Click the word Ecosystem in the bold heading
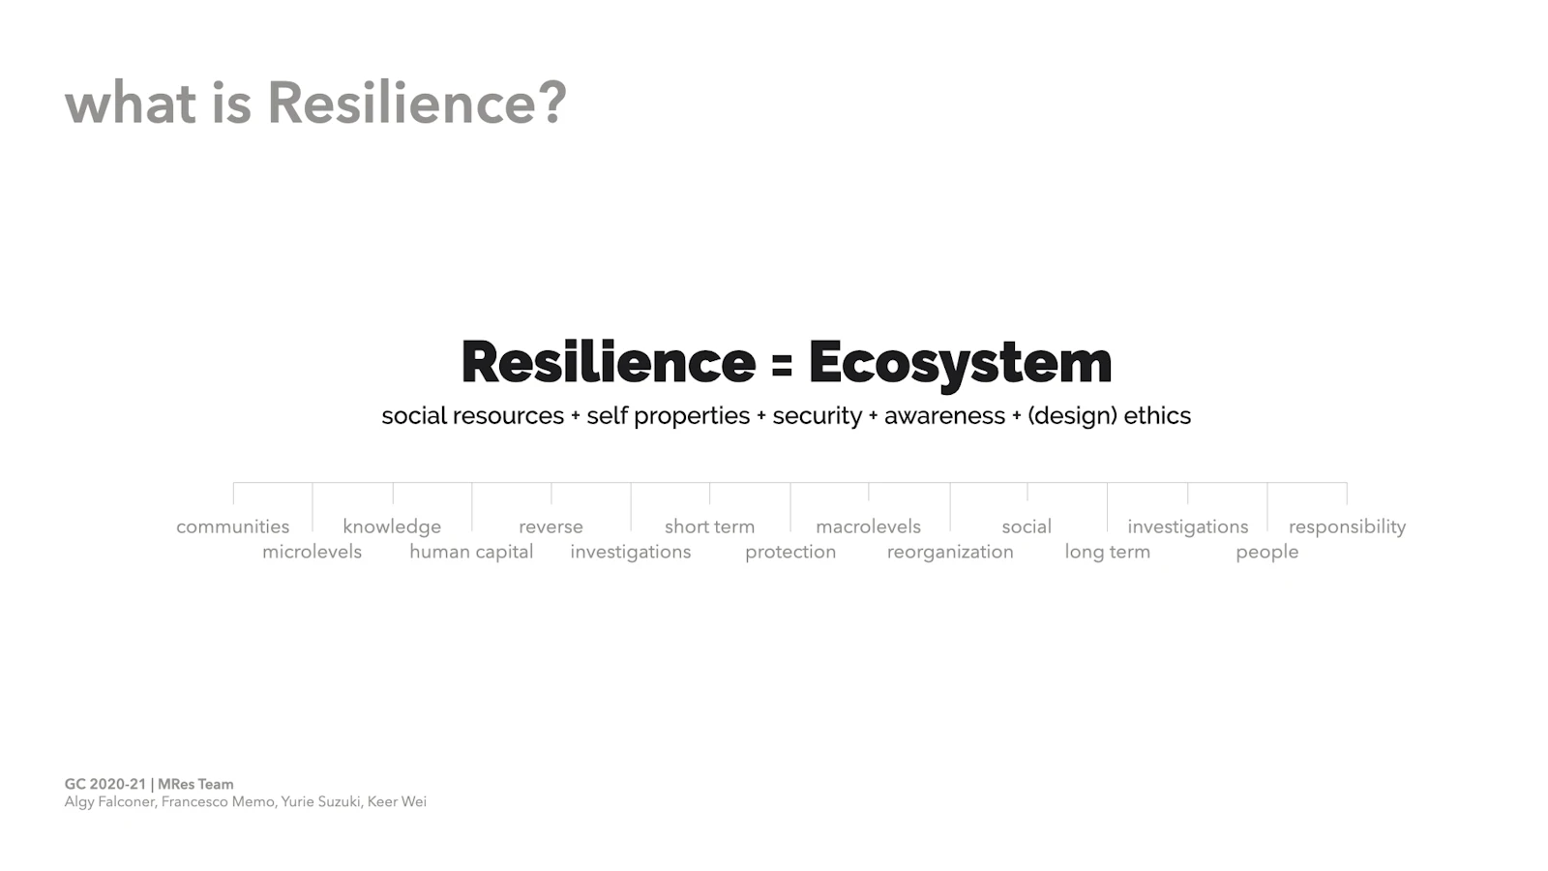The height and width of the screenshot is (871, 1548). [960, 363]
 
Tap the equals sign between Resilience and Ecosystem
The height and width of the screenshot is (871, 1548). [782, 364]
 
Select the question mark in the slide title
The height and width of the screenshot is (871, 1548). [553, 103]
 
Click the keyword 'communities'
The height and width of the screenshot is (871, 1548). [233, 526]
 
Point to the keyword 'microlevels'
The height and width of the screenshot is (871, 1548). [312, 552]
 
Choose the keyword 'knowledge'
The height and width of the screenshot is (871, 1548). [392, 526]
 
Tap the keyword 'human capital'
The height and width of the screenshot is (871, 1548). [471, 552]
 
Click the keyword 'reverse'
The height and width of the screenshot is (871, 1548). [551, 526]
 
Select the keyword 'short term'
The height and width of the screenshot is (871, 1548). [710, 526]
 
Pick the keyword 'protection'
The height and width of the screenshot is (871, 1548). [790, 552]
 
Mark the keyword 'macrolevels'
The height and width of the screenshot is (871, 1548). [869, 526]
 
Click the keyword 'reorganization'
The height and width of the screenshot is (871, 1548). [950, 552]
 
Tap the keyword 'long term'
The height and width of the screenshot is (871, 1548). [1107, 552]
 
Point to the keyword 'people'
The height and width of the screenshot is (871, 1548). [1267, 552]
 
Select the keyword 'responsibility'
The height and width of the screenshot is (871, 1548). [1348, 526]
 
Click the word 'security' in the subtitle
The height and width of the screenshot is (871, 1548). [818, 416]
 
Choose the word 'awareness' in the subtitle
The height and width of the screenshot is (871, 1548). [944, 416]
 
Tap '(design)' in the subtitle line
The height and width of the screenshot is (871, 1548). [1073, 416]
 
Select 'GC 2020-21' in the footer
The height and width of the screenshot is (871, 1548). [105, 785]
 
